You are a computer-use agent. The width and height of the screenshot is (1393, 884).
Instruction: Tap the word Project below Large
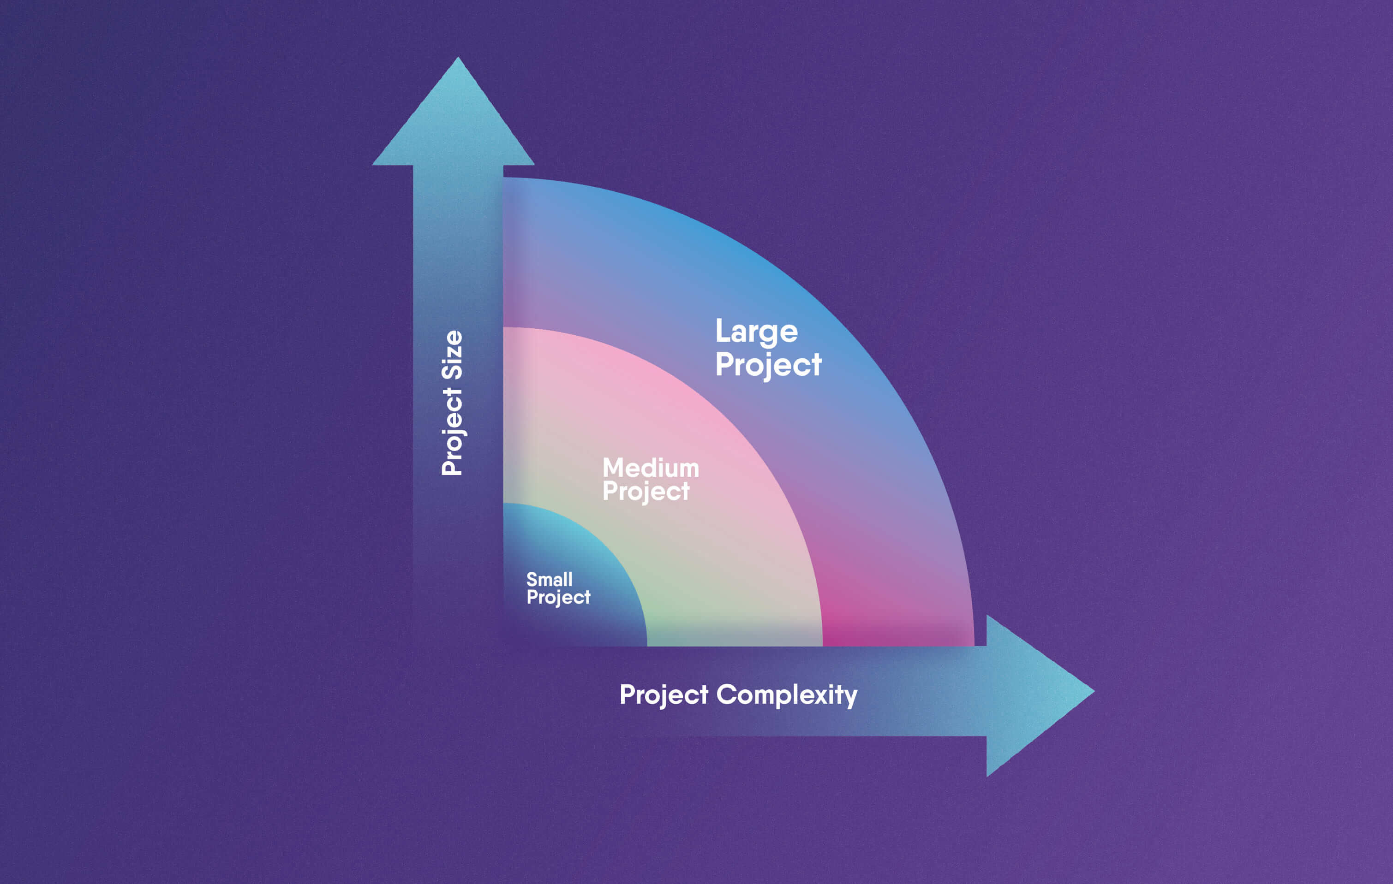pyautogui.click(x=768, y=365)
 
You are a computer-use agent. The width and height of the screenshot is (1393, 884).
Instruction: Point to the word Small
pyautogui.click(x=549, y=579)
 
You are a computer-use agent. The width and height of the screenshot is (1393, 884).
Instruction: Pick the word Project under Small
pyautogui.click(x=558, y=598)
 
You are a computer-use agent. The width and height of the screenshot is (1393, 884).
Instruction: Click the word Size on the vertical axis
pyautogui.click(x=452, y=355)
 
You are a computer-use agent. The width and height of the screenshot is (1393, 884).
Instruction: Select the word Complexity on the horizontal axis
pyautogui.click(x=786, y=695)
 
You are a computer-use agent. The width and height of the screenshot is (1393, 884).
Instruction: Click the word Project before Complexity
pyautogui.click(x=664, y=695)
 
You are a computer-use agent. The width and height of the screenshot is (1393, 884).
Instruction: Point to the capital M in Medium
pyautogui.click(x=613, y=468)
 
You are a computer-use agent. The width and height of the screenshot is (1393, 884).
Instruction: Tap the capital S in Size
pyautogui.click(x=452, y=371)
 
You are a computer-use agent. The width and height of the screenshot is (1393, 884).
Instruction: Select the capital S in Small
pyautogui.click(x=532, y=579)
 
